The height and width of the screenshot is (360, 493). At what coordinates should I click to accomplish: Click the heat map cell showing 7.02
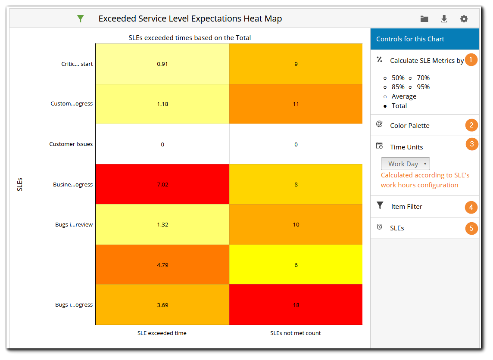point(162,184)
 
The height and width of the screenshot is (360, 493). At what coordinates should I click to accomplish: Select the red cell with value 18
point(296,305)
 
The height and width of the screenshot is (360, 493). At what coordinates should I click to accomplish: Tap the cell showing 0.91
point(162,64)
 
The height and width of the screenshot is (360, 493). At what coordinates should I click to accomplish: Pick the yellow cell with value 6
point(296,265)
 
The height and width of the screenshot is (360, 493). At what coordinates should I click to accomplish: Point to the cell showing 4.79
point(162,265)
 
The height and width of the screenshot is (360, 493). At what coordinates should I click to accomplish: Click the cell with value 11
point(296,104)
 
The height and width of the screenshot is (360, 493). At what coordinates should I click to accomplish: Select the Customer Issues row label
point(71,144)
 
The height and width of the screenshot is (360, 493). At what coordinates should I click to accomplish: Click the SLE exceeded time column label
point(162,333)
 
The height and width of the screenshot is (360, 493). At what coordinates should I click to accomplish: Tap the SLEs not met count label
point(296,333)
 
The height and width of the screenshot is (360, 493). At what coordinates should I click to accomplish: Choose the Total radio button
point(385,106)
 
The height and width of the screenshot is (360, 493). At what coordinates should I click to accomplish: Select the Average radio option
point(385,96)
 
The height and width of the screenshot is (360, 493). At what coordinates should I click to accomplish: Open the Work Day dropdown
point(405,164)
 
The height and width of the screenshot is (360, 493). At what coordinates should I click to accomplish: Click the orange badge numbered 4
point(471,207)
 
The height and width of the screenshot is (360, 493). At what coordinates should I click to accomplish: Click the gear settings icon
point(464,19)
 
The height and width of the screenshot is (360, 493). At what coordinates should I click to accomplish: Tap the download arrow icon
point(444,19)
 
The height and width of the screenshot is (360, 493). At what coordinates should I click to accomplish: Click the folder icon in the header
point(424,19)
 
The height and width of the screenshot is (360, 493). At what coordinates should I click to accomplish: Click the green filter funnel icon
point(80,19)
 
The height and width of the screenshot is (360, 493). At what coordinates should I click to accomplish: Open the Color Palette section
point(409,125)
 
